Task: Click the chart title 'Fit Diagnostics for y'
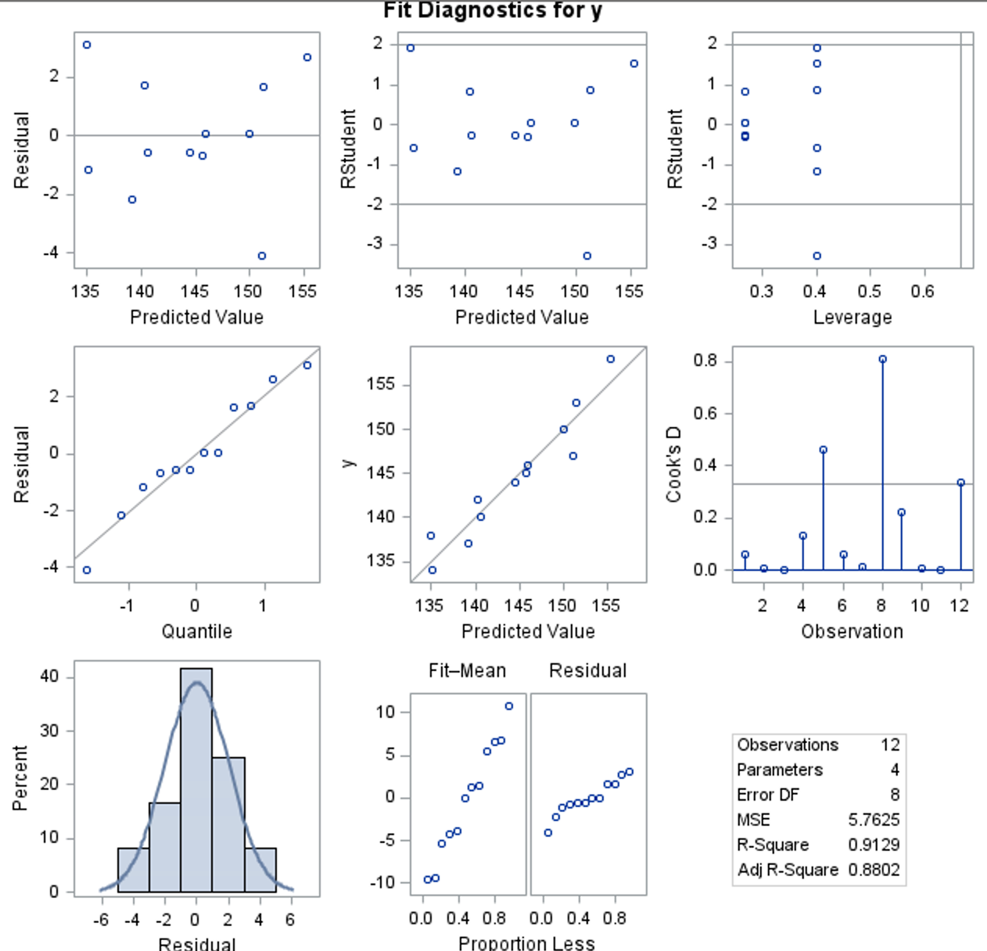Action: coord(493,11)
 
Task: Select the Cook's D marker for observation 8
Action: coord(883,360)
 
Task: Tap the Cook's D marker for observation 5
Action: coord(824,450)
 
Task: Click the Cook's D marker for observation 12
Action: coord(961,483)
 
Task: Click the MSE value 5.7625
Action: coord(874,820)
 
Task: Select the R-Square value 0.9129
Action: coord(874,845)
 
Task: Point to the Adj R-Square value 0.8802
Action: coord(874,870)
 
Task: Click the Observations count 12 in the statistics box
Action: coord(890,745)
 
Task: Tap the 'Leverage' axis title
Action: coord(852,317)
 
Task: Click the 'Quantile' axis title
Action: coord(196,631)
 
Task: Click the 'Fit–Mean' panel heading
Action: coord(467,670)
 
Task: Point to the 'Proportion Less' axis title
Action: coord(526,942)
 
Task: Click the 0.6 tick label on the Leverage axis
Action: coord(923,292)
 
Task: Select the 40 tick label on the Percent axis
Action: coord(50,676)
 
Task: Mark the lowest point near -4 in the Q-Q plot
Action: coord(87,570)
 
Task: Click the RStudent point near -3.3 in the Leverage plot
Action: coord(817,256)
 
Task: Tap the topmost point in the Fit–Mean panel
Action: coord(509,706)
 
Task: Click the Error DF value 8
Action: coord(895,795)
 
